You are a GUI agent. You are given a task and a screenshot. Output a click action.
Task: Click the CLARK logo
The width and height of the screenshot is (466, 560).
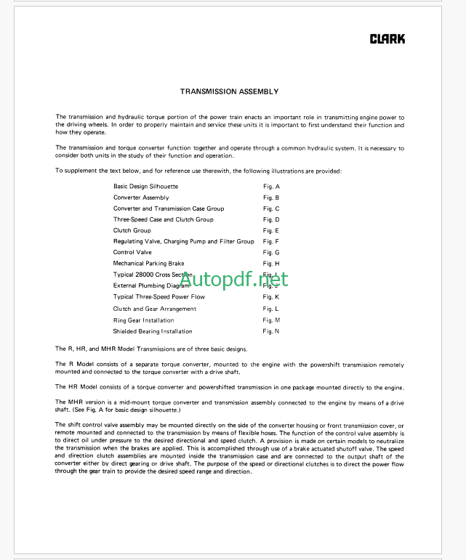(x=387, y=39)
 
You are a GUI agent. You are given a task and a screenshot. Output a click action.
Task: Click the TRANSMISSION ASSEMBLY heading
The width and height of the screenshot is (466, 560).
(x=229, y=92)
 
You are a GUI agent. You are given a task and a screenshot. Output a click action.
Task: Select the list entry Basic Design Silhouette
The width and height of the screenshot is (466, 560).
(x=145, y=187)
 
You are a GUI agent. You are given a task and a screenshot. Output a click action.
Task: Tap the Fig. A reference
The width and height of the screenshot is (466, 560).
(x=271, y=187)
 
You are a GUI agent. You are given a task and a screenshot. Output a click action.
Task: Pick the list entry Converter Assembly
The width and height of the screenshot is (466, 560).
(x=141, y=198)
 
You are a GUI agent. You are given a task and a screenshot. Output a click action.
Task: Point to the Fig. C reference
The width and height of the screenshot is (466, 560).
(x=271, y=208)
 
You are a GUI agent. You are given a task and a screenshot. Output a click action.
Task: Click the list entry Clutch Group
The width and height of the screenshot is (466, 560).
(x=132, y=230)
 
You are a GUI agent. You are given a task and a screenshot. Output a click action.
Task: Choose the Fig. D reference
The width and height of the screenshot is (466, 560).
(x=271, y=219)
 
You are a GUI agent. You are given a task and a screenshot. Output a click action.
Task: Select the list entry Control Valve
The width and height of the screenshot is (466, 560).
(x=132, y=252)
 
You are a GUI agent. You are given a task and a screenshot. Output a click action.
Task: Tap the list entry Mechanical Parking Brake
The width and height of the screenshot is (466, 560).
(x=149, y=263)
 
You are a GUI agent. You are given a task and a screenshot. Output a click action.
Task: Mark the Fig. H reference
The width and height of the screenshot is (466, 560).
(x=271, y=263)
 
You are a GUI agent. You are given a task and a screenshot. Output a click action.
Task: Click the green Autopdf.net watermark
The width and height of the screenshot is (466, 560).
(x=234, y=280)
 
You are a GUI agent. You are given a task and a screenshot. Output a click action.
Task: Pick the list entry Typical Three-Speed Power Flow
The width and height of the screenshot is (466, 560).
(x=159, y=296)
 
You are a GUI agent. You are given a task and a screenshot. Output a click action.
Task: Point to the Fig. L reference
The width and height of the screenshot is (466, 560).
(x=271, y=309)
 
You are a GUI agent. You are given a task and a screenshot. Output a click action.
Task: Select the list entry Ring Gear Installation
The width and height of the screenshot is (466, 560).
(x=144, y=320)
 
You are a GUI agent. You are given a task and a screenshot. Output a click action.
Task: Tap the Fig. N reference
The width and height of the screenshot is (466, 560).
(x=271, y=331)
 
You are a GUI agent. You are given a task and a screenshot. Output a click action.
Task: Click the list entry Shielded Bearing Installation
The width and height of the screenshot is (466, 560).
(x=153, y=331)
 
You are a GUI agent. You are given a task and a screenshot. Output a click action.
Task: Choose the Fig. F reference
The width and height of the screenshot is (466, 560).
(x=271, y=241)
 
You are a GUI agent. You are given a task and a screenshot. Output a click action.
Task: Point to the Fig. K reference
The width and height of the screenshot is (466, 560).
(x=271, y=296)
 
